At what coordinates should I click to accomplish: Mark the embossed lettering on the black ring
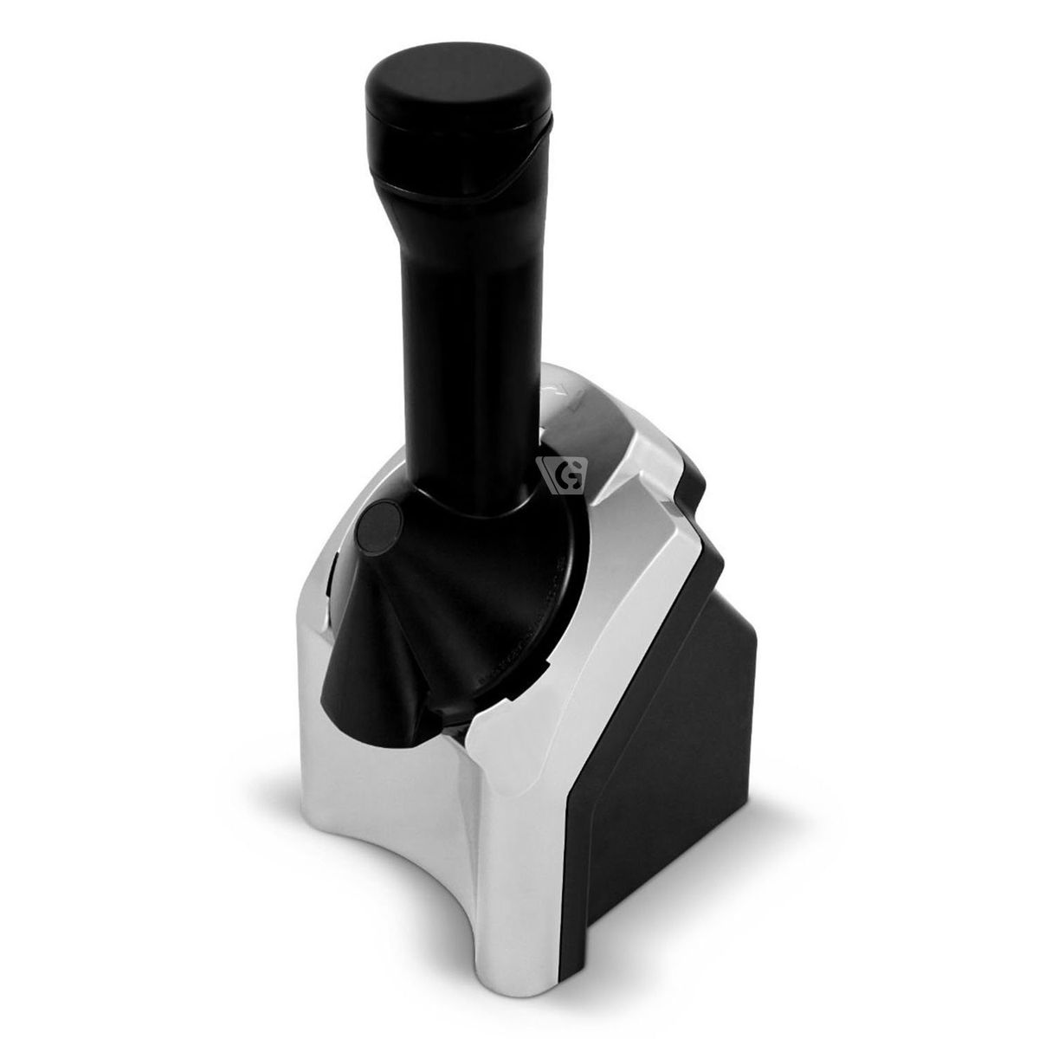point(519,641)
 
